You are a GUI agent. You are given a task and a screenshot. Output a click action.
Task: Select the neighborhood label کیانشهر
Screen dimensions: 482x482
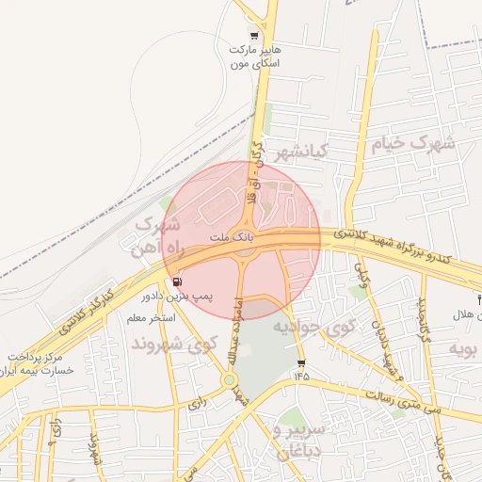(x=299, y=151)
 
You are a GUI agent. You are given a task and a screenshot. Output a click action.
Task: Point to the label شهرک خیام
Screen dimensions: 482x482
(x=411, y=144)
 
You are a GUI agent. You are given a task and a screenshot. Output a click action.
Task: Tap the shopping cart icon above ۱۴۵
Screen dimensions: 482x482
(x=300, y=363)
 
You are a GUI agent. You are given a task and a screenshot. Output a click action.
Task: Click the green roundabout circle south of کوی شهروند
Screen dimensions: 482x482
(x=229, y=379)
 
